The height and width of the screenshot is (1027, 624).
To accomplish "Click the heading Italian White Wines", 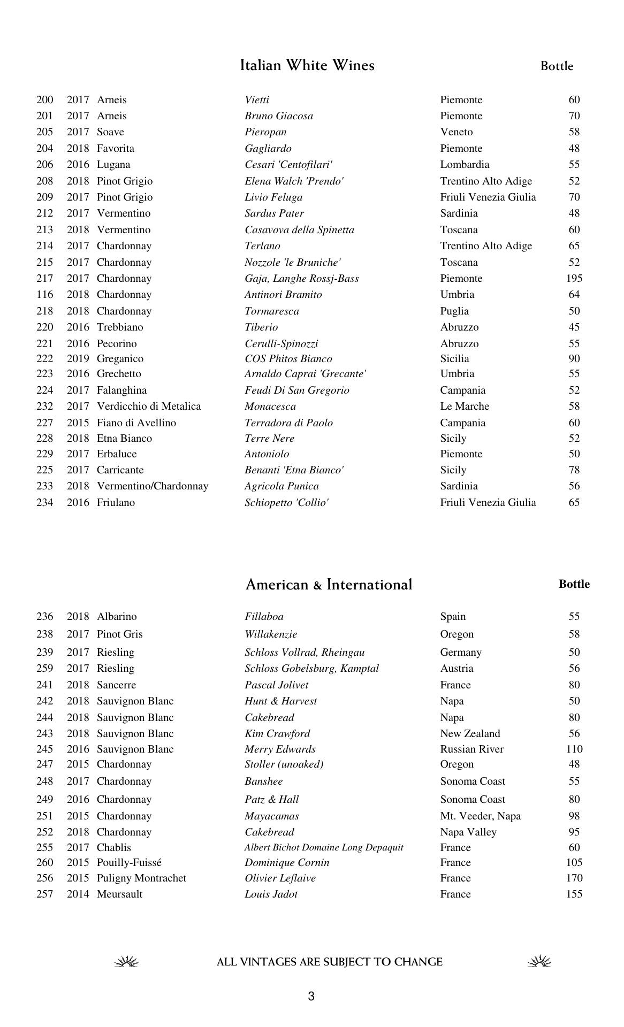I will click(307, 65).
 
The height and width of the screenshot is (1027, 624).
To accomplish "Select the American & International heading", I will click(329, 585).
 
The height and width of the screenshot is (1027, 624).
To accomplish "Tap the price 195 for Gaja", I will click(574, 279).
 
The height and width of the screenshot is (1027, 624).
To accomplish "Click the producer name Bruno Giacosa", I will click(279, 116).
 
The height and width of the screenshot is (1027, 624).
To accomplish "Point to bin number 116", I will click(45, 295).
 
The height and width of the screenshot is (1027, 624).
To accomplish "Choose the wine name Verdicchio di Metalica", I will click(149, 407).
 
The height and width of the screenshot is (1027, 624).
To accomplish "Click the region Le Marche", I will click(465, 407).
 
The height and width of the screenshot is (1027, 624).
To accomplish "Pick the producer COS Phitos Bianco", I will click(288, 359).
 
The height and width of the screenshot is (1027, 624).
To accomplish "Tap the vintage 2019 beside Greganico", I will click(78, 359).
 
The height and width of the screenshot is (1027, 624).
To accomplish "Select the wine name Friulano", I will click(116, 503).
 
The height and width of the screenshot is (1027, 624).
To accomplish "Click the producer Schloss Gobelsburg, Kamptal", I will click(311, 669).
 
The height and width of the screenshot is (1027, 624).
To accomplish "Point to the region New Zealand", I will click(470, 734).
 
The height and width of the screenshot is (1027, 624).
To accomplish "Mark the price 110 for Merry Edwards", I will click(574, 749).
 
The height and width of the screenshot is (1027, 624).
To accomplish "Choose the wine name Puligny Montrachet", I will click(141, 878).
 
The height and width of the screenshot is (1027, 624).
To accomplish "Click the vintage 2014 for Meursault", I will click(78, 894).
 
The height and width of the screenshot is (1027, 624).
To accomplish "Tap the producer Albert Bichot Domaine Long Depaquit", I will click(324, 848).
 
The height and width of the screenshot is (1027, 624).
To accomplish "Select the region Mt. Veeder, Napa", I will click(480, 816).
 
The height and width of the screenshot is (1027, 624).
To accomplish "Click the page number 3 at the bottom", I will click(311, 996).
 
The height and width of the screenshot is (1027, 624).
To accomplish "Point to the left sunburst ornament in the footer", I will click(127, 962).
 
